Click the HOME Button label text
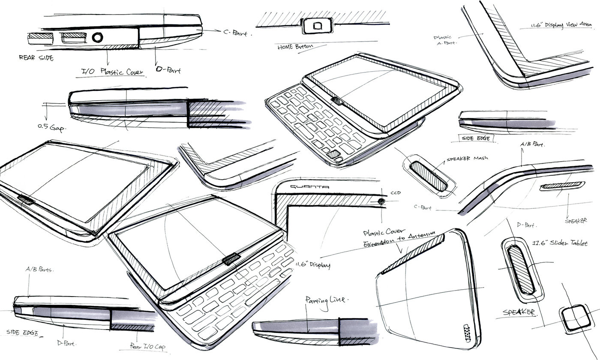(296, 46)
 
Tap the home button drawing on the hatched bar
(317, 26)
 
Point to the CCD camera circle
(381, 201)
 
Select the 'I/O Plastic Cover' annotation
(112, 72)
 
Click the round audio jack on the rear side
(97, 38)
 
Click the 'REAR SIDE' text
(36, 57)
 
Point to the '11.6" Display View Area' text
(561, 25)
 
